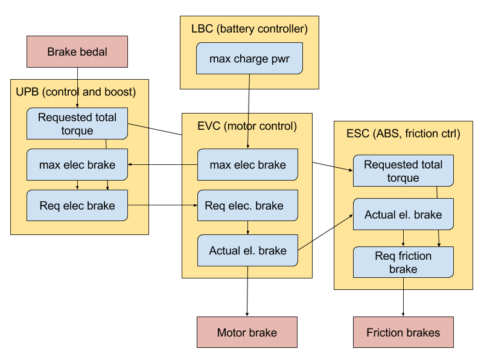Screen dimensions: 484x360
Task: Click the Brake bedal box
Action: [77, 51]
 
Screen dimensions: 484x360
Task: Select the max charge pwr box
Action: [249, 59]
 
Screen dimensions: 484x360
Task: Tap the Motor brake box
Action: [247, 332]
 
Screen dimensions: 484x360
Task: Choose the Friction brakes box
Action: [403, 332]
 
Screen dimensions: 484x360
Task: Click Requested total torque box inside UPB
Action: [77, 124]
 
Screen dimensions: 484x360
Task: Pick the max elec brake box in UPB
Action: [77, 165]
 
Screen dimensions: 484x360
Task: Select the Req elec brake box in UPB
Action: [77, 205]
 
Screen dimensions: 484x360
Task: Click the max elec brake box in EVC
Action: [247, 165]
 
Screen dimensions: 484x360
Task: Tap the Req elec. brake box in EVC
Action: [247, 205]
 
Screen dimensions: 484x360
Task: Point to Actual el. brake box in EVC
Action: [247, 250]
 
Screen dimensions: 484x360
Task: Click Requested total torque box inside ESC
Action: [403, 170]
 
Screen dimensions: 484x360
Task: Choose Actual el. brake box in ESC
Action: [403, 214]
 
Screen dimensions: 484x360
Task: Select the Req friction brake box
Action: [403, 262]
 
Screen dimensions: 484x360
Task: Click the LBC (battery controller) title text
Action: [249, 29]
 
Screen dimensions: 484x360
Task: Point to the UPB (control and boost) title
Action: [76, 92]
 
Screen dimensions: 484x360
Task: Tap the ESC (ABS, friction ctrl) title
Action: [403, 133]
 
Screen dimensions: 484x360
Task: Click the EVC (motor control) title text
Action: [247, 126]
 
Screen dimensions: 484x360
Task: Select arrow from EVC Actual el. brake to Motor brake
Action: [247, 291]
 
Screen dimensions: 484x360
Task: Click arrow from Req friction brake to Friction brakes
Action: [403, 297]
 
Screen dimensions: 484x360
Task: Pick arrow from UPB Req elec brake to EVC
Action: [163, 205]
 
